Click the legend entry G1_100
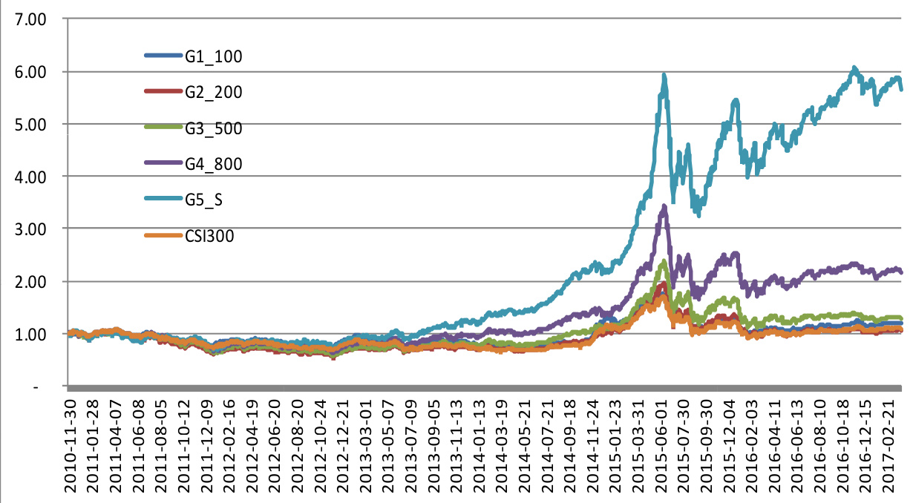(213, 56)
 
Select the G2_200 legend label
(213, 92)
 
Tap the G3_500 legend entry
(213, 128)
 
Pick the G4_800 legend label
(213, 164)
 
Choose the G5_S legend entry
(206, 200)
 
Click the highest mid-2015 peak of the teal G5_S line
(664, 75)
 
